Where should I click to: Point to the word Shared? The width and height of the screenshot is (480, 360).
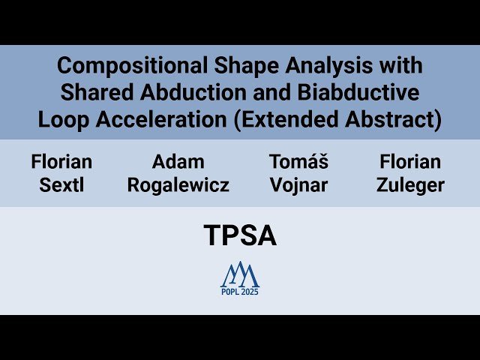pos(93,92)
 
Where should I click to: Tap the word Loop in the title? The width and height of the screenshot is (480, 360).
pos(60,118)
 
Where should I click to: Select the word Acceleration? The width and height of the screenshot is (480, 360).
pos(150,118)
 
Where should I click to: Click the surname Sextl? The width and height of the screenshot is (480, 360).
pos(61,185)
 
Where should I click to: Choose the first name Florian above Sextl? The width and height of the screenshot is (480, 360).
pos(61,161)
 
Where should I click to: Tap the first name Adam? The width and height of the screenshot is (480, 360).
pos(178,161)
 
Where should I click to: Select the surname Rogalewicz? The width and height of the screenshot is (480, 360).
pos(178,185)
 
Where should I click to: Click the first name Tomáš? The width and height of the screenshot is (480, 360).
pos(298,161)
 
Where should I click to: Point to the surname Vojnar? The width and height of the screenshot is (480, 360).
pos(298,185)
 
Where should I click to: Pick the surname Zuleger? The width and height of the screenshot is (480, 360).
pos(410,185)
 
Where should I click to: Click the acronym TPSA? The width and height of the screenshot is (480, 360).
pos(240,236)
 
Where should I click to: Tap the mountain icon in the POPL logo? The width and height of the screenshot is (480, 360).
pos(240,274)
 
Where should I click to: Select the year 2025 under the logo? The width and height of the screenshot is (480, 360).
pos(250,292)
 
